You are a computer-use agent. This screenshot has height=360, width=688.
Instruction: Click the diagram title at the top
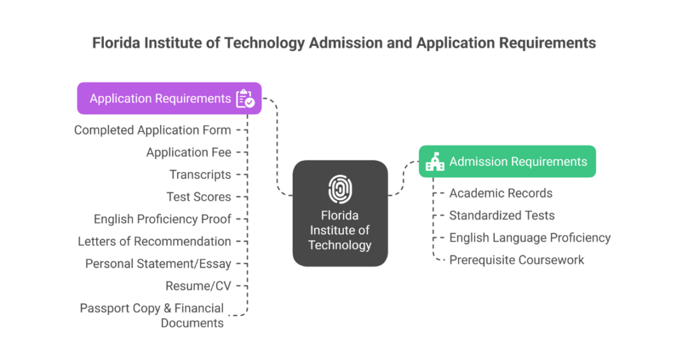tap(344, 43)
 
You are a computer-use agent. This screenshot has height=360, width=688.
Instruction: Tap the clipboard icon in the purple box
tap(245, 99)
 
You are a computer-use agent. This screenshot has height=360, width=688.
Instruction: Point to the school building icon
tap(435, 162)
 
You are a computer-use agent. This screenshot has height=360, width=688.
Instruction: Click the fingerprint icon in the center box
tap(340, 189)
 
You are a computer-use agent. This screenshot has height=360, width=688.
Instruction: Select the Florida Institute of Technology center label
tap(340, 230)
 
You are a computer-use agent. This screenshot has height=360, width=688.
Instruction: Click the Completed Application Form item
tap(152, 130)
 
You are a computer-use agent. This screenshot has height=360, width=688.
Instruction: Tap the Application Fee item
tap(189, 152)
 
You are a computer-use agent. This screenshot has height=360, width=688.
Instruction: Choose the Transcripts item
tap(200, 175)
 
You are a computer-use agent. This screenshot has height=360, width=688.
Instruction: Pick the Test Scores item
tap(199, 197)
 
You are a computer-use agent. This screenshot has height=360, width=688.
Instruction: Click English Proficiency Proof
tap(162, 219)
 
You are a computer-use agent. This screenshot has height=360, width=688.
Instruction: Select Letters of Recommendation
tap(154, 241)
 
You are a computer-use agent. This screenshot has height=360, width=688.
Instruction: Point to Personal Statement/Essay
tap(158, 264)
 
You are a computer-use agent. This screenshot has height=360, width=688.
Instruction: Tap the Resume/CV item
tap(198, 286)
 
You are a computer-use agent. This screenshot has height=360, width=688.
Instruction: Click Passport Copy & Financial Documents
tap(153, 315)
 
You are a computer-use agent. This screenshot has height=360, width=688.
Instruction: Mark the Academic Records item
tap(501, 193)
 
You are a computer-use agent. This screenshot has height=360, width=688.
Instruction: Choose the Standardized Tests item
tap(501, 215)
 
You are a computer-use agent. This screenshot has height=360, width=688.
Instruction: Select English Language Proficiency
tap(529, 238)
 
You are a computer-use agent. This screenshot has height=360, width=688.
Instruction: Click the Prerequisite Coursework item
tap(517, 260)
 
